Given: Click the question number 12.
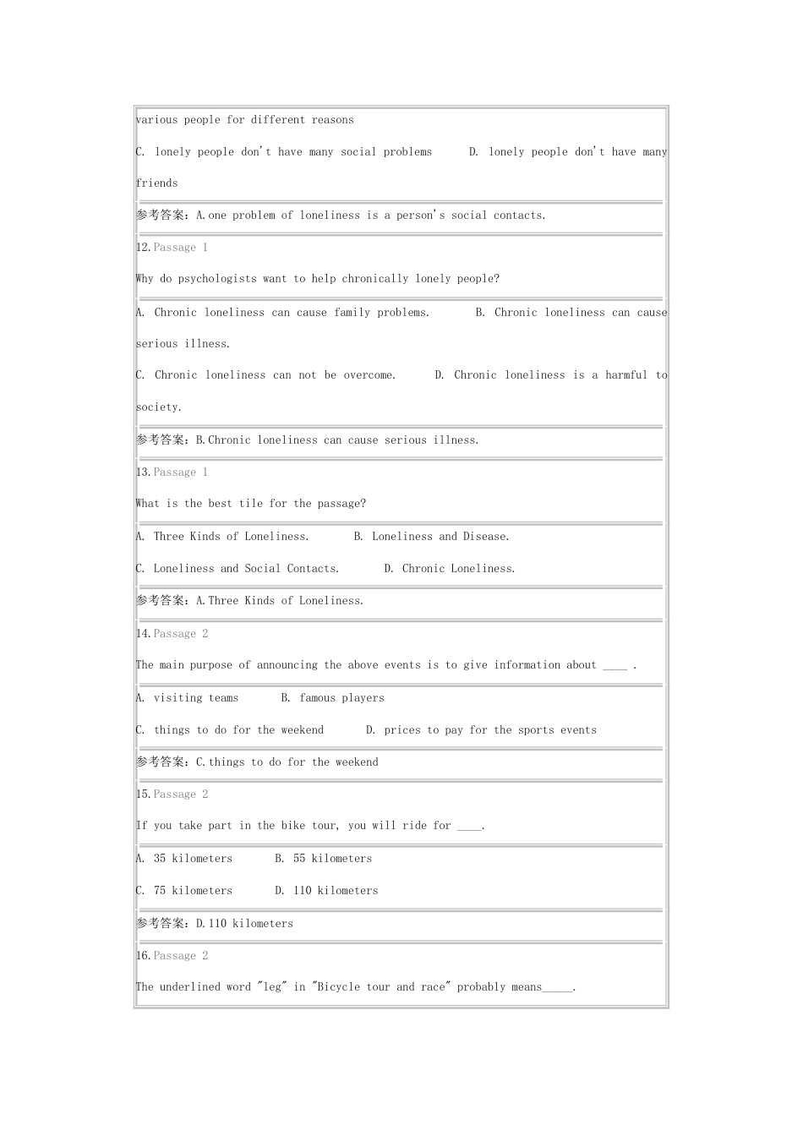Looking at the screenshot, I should click(143, 248).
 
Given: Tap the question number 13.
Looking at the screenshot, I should click(143, 472).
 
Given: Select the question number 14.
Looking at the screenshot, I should click(143, 634).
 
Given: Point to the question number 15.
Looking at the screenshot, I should click(143, 795).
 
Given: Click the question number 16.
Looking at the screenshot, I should click(143, 956).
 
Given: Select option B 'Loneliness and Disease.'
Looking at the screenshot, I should click(431, 537).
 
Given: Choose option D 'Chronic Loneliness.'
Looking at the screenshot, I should click(449, 569).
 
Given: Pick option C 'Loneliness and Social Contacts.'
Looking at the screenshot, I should click(238, 569).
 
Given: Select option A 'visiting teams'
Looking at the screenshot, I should click(187, 698).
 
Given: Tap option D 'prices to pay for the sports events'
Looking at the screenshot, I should click(481, 730).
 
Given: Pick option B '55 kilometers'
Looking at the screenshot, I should click(323, 859).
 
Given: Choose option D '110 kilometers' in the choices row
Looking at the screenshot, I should click(326, 891).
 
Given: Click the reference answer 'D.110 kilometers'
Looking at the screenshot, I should click(244, 924).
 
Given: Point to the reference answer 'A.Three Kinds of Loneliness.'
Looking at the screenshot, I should click(280, 601).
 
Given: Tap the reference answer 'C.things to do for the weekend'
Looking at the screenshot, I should click(287, 762).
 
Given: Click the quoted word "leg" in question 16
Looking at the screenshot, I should click(272, 987).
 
